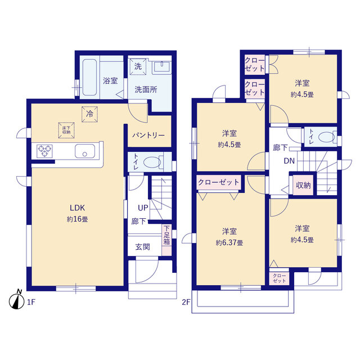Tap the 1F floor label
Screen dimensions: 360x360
point(30,303)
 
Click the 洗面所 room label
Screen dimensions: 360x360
point(145,89)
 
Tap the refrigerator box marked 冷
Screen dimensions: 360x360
point(89,112)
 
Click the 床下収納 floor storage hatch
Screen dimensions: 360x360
point(66,129)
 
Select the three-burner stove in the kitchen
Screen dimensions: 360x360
point(46,151)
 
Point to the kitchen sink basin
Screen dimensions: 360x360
point(84,152)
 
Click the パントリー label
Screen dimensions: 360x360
point(148,136)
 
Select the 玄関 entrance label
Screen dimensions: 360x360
point(142,247)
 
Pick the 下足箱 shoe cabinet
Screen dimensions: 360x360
point(166,236)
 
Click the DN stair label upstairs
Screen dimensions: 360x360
point(290,161)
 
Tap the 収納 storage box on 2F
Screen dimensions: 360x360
point(304,186)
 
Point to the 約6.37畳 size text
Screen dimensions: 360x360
point(228,243)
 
